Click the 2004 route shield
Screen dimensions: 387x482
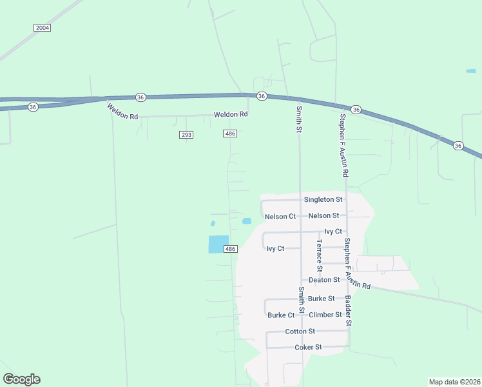(43, 28)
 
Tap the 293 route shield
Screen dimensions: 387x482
(186, 134)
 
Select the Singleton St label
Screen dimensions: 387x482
(323, 200)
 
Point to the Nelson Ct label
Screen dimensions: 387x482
(280, 216)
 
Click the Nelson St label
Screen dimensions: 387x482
(323, 215)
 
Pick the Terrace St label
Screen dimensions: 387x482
(319, 255)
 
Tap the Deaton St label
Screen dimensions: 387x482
(324, 280)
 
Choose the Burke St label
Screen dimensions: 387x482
(321, 299)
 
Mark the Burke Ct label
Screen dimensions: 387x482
(281, 315)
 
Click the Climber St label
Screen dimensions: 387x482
(325, 315)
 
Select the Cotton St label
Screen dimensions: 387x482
(300, 332)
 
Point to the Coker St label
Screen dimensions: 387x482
(308, 347)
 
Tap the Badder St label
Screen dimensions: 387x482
(347, 310)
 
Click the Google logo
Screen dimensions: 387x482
(21, 379)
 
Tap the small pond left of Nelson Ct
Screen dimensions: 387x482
(246, 221)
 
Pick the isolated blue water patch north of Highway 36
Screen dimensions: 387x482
(471, 70)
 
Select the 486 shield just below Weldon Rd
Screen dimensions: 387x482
(230, 134)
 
